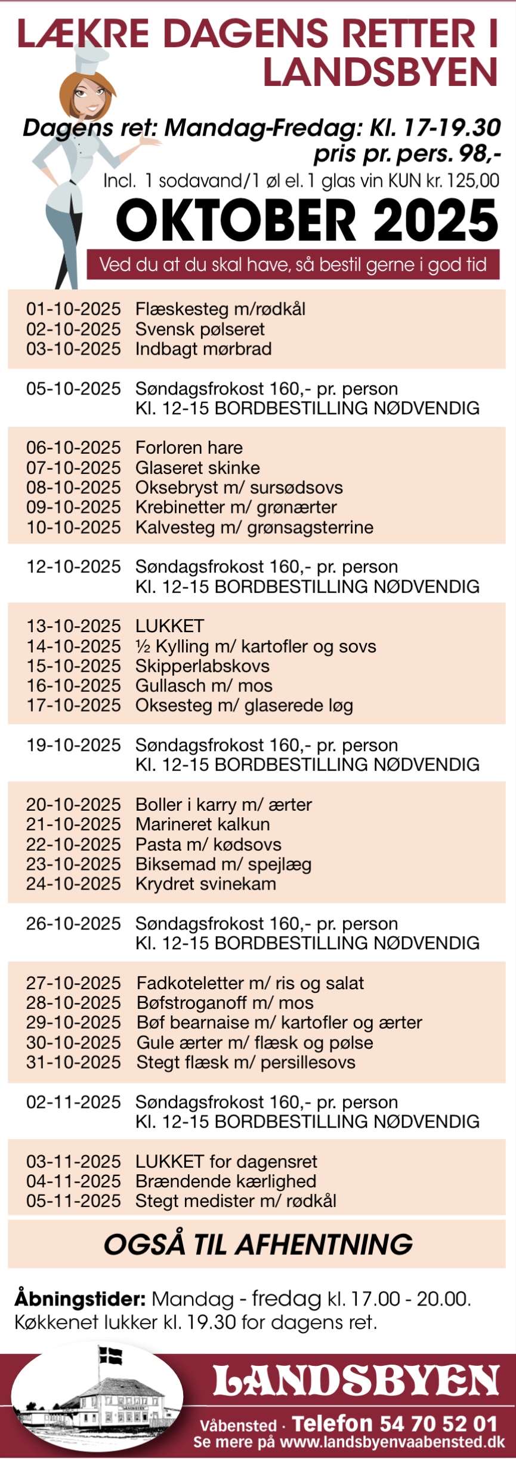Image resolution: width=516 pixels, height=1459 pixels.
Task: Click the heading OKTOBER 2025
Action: point(307,220)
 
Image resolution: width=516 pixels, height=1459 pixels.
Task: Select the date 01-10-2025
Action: point(73,309)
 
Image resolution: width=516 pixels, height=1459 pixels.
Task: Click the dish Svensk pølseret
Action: point(200,329)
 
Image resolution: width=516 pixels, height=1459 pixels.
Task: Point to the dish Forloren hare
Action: point(189,448)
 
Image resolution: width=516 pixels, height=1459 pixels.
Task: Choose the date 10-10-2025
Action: point(73,527)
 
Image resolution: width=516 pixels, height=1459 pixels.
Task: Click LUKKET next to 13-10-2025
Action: point(170,626)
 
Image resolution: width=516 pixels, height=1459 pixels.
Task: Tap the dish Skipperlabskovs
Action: point(202,666)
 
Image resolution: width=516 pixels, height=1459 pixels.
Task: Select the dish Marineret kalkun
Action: point(203,824)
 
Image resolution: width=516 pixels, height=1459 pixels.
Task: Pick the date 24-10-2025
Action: point(73,884)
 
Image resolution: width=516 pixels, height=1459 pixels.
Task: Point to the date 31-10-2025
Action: point(73,1062)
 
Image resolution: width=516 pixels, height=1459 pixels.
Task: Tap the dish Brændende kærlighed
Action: point(226,1181)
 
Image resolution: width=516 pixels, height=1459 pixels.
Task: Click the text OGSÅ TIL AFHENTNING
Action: point(258,1244)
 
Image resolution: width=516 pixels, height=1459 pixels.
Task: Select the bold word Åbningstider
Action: point(80,1299)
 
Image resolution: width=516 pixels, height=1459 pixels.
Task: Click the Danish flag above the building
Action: point(110,1355)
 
